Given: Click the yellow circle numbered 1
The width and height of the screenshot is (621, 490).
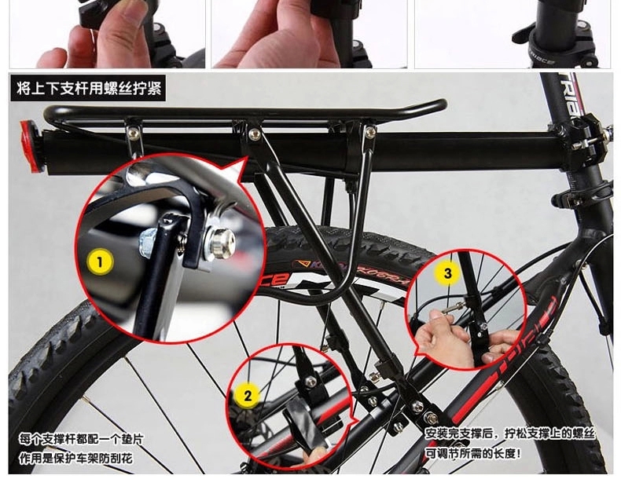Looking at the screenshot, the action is pyautogui.click(x=100, y=261).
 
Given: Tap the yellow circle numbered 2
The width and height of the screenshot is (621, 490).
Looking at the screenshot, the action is pyautogui.click(x=248, y=395).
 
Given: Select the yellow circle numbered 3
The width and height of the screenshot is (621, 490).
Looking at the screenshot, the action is pyautogui.click(x=447, y=272).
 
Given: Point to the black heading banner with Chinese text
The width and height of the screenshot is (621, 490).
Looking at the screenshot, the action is pyautogui.click(x=87, y=88).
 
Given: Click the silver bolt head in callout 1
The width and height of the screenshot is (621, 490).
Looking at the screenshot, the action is pyautogui.click(x=219, y=241).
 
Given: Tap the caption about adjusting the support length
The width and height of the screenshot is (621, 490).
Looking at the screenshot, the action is pyautogui.click(x=510, y=443).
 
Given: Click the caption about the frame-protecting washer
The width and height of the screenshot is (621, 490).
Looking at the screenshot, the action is pyautogui.click(x=81, y=448).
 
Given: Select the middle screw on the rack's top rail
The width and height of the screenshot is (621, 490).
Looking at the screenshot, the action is pyautogui.click(x=254, y=134).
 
